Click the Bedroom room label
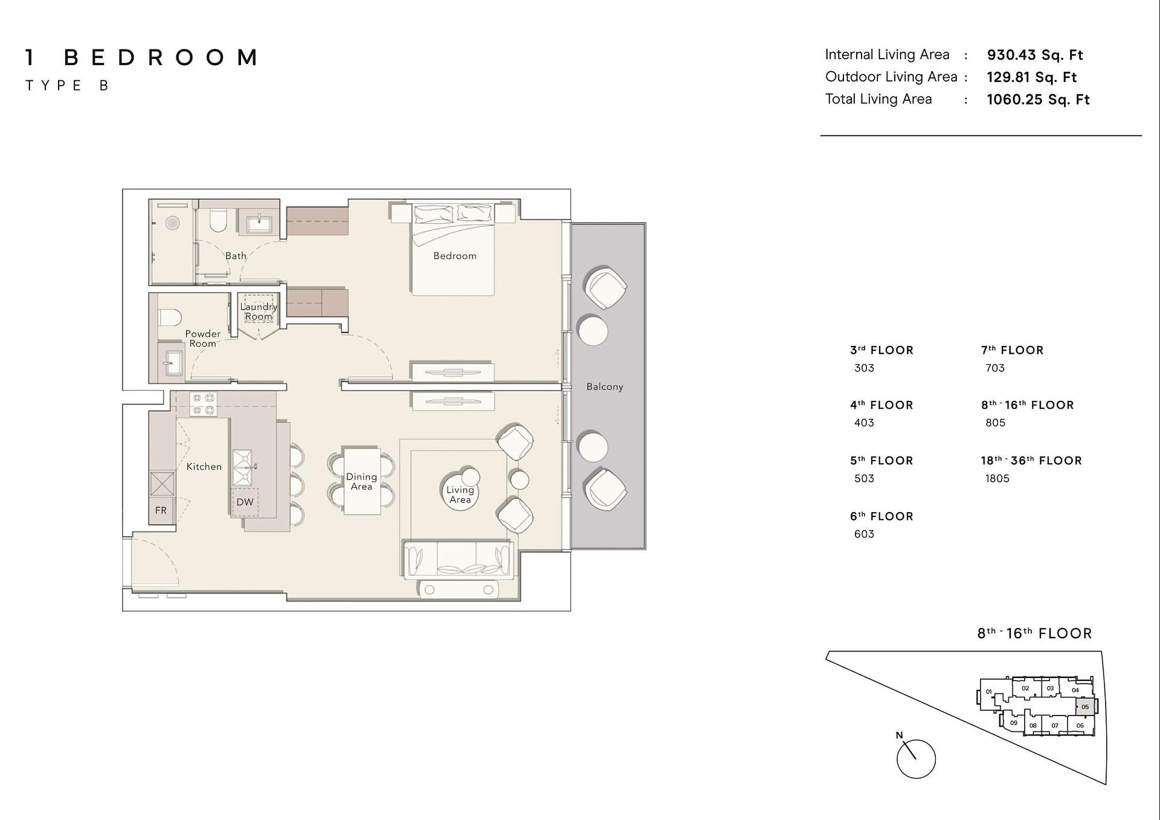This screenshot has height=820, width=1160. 454,256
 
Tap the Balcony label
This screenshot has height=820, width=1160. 604,386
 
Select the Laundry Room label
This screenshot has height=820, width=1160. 259,312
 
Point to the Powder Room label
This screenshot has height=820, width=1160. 202,339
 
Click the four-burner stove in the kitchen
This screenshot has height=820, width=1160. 202,404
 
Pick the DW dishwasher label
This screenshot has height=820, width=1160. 245,502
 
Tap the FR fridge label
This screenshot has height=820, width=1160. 161,510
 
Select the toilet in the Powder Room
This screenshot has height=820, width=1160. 170,317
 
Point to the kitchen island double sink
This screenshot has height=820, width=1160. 243,467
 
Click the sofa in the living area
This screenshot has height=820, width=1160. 457,560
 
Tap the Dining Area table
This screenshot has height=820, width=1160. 361,481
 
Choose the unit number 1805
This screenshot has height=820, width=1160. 997,478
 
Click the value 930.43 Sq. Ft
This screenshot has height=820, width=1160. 1035,55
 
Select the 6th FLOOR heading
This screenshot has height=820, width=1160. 881,516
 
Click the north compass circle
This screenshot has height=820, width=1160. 916,759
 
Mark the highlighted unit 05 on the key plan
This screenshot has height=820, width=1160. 1085,706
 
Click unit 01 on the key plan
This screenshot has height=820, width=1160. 988,692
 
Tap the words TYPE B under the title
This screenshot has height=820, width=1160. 66,86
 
